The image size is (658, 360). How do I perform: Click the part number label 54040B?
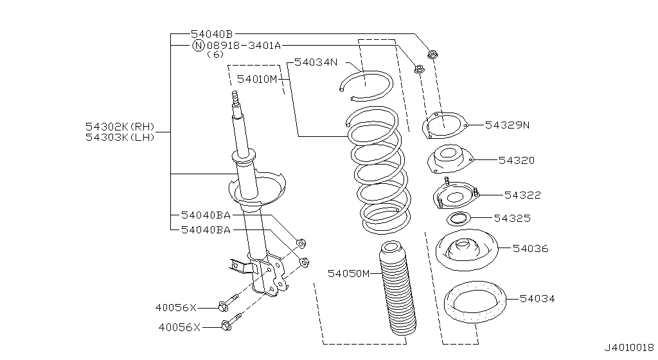(211, 33)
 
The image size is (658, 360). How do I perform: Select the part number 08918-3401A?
(244, 46)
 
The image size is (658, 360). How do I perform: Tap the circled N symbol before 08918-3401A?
(198, 46)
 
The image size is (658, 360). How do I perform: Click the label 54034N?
(316, 62)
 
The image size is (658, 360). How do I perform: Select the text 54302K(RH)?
(120, 127)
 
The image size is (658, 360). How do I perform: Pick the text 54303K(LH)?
(120, 137)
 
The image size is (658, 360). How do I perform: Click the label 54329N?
(507, 125)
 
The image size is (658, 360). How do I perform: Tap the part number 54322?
(522, 195)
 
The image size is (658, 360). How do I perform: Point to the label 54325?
(512, 219)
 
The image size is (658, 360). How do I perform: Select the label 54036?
(530, 248)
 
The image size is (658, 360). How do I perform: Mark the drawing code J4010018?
(628, 347)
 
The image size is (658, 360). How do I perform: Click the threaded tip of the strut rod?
(235, 98)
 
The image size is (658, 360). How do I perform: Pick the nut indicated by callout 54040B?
(432, 54)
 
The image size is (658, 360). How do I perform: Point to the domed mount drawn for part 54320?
(449, 158)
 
